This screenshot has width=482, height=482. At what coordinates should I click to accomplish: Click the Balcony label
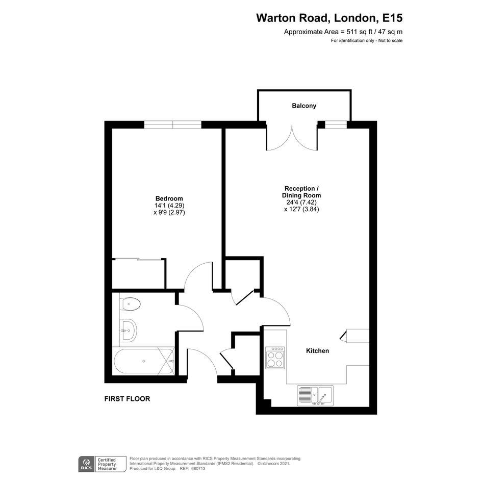[304, 106]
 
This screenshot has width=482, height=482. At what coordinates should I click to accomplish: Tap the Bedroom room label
[169, 198]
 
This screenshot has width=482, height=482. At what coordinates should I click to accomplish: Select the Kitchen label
[318, 351]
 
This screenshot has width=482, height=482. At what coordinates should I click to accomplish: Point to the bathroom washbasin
[128, 330]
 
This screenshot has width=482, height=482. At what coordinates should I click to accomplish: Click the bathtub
[144, 361]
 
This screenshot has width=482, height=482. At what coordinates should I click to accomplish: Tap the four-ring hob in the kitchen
[275, 357]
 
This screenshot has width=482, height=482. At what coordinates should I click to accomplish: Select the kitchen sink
[315, 395]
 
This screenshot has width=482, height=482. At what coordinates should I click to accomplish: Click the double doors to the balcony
[292, 138]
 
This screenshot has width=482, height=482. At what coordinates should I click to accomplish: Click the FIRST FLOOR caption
[128, 399]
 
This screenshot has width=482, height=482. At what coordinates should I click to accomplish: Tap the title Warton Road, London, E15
[329, 18]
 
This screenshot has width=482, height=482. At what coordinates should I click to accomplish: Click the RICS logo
[86, 464]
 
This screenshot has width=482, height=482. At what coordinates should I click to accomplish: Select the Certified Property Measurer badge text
[107, 464]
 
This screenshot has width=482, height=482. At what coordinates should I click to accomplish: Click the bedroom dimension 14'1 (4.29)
[169, 206]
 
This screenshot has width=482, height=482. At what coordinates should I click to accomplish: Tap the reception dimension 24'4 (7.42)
[301, 202]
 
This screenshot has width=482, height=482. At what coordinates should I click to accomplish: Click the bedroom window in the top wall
[173, 124]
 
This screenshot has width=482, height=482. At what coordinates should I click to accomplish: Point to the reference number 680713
[198, 469]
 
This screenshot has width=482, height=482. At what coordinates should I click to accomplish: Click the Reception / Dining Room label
[301, 192]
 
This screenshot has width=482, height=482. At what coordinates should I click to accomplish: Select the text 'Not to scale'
[390, 41]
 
